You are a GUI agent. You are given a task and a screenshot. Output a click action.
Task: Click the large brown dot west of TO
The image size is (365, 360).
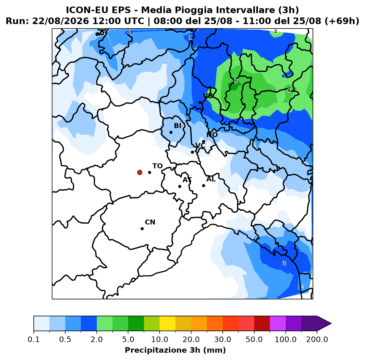pos(140,172)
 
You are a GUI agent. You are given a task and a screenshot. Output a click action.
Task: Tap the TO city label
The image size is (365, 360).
pos(158,166)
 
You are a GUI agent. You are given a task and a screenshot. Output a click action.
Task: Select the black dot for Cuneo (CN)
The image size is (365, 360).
pos(142,229)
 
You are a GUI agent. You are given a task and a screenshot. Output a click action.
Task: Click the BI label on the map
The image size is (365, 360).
pos(177,126)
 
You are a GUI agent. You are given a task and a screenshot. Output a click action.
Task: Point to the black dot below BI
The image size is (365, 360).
pos(171,132)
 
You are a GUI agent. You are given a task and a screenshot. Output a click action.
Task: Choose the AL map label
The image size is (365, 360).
pos(211,179)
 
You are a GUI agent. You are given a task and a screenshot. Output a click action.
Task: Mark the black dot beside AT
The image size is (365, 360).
pos(180,186)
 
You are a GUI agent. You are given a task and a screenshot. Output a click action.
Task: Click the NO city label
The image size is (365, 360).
pos(212,135)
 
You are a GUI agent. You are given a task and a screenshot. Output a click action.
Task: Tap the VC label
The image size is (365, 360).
pos(200,145)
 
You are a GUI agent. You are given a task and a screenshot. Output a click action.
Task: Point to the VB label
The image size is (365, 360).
pos(208,96)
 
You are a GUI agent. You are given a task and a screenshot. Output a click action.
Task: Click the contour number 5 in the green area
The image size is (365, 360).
pos(236,81)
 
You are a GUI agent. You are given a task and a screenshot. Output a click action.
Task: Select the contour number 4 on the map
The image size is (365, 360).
pos(289,91)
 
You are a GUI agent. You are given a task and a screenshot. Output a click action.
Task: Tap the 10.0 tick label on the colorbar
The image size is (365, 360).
pos(160,339)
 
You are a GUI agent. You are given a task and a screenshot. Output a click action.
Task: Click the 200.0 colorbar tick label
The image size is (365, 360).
pos(317,339)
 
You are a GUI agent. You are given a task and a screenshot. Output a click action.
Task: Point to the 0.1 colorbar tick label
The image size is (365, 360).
pos(34,339)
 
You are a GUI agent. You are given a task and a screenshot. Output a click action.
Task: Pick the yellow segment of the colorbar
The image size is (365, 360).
pos(168,324)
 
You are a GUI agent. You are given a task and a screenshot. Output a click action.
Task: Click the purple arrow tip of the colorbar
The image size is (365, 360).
pos(331,324)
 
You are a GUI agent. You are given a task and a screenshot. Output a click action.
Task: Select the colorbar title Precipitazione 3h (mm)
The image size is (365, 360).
pos(176,350)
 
